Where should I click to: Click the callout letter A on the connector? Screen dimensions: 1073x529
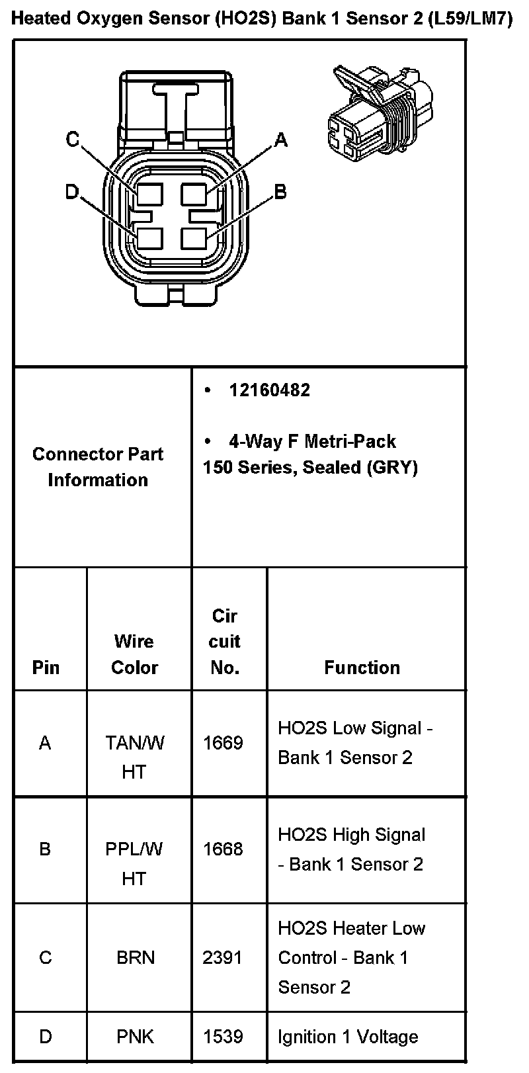coord(281,140)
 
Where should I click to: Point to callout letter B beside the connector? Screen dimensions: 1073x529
coord(280,192)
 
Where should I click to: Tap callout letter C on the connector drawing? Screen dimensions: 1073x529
coord(72,140)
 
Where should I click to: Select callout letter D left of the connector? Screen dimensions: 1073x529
coord(71,192)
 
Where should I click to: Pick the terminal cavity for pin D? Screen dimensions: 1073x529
coord(150,237)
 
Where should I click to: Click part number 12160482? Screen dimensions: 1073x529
coord(269,390)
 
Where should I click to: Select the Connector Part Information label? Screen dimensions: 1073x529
coord(98,467)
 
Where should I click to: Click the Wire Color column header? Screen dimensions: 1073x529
coord(134,654)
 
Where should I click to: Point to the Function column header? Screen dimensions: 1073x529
coord(362,667)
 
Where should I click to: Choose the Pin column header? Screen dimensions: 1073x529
coord(46,667)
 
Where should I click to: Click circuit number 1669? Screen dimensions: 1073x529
coord(223,743)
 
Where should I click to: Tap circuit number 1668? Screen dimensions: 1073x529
coord(223,849)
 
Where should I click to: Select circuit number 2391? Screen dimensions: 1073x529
coord(223,957)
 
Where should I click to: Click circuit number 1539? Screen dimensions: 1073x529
coord(223,1036)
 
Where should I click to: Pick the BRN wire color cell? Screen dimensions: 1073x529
coord(135,957)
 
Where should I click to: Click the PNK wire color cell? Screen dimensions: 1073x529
coord(135,1036)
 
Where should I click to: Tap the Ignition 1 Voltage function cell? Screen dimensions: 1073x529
coord(348,1036)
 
